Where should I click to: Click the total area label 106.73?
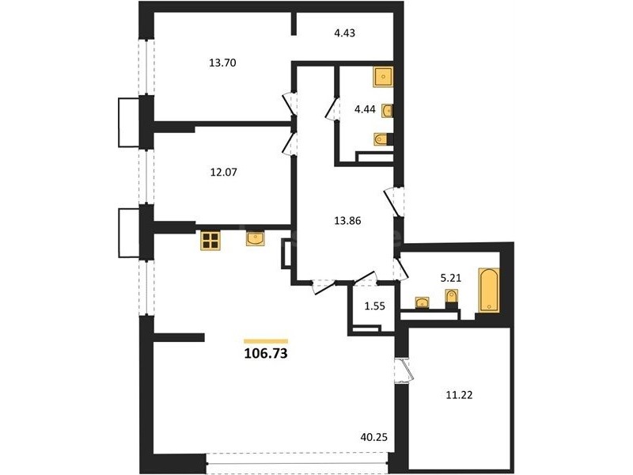[266, 353]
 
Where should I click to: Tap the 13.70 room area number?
[222, 63]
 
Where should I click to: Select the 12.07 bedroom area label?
[224, 172]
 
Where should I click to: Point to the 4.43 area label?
[344, 32]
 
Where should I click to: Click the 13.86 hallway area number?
[347, 221]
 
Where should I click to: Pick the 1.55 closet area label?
[374, 306]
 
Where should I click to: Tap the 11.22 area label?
[459, 395]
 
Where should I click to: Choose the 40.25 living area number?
[373, 437]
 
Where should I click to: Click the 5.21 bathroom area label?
[450, 278]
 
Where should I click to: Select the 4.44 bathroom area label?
[365, 109]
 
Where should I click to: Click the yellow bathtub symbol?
[488, 290]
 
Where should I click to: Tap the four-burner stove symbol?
[210, 241]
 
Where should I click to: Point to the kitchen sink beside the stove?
[256, 238]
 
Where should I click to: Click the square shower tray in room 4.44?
[383, 77]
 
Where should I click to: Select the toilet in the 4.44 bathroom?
[383, 140]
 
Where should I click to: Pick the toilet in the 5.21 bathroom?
[452, 298]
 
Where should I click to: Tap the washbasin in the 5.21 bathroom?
[423, 302]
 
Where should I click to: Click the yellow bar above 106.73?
[266, 341]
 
